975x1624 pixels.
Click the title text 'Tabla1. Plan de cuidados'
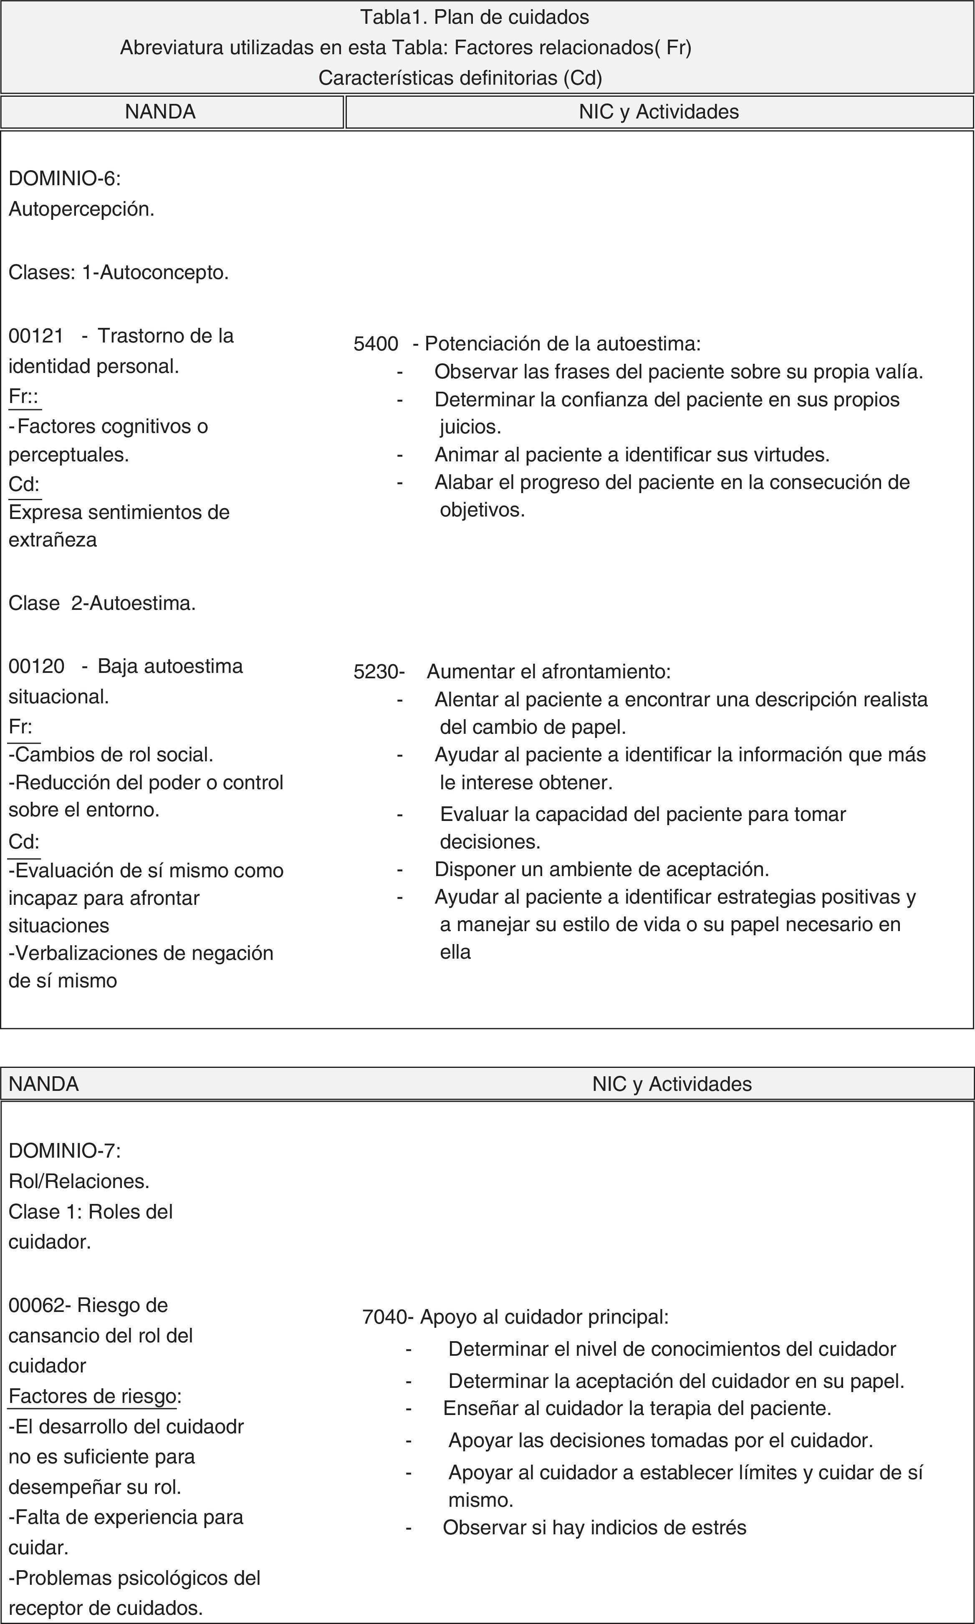click(x=475, y=17)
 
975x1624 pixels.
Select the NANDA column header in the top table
click(x=160, y=112)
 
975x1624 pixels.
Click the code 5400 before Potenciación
click(x=376, y=343)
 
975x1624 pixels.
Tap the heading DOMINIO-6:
click(x=64, y=179)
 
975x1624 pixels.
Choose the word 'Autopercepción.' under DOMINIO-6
click(x=81, y=209)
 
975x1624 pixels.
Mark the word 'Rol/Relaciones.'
click(x=79, y=1181)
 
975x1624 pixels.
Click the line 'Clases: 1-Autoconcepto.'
click(x=118, y=272)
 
